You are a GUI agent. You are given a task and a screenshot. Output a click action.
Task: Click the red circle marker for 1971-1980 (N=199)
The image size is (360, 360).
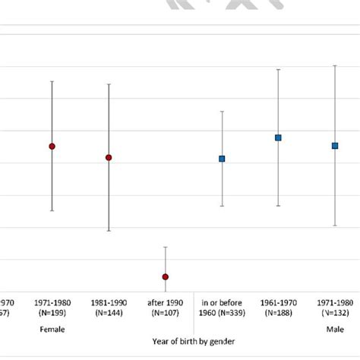pos(52,146)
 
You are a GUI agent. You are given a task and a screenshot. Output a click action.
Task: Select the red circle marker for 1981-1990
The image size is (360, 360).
pos(109,157)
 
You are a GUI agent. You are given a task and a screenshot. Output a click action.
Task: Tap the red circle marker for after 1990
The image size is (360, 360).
pos(165,276)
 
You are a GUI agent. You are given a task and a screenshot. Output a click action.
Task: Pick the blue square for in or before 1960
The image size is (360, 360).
pos(222,159)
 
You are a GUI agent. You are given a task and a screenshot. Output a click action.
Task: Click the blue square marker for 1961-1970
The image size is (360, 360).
pos(278,137)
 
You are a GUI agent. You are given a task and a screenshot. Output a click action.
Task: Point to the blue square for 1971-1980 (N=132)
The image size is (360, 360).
pos(335,146)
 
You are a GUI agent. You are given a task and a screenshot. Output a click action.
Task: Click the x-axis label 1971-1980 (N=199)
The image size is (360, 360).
pos(52,308)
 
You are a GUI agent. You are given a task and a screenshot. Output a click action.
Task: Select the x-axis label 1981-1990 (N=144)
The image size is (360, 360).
pos(109,308)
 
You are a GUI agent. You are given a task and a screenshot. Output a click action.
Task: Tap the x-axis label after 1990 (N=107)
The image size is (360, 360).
pos(165,308)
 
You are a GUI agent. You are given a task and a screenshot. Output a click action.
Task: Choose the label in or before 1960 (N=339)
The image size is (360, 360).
pos(222,308)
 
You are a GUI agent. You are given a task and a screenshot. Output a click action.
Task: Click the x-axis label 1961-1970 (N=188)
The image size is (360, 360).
pos(278,308)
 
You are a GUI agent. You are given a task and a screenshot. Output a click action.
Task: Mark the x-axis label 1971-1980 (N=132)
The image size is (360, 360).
pos(335,308)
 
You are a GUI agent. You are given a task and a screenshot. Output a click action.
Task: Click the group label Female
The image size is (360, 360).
pos(52,330)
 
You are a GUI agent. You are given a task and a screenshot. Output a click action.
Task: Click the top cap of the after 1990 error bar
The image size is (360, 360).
pos(165,247)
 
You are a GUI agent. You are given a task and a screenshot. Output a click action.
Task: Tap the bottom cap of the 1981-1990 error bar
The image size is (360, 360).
pos(109,230)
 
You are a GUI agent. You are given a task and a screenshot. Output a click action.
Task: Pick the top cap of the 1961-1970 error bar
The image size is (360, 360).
pos(278,69)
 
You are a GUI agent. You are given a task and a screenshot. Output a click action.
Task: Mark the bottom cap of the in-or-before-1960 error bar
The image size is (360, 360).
pos(222,206)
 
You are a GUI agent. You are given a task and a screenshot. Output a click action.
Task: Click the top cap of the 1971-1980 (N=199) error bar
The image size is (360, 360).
pos(52,81)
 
